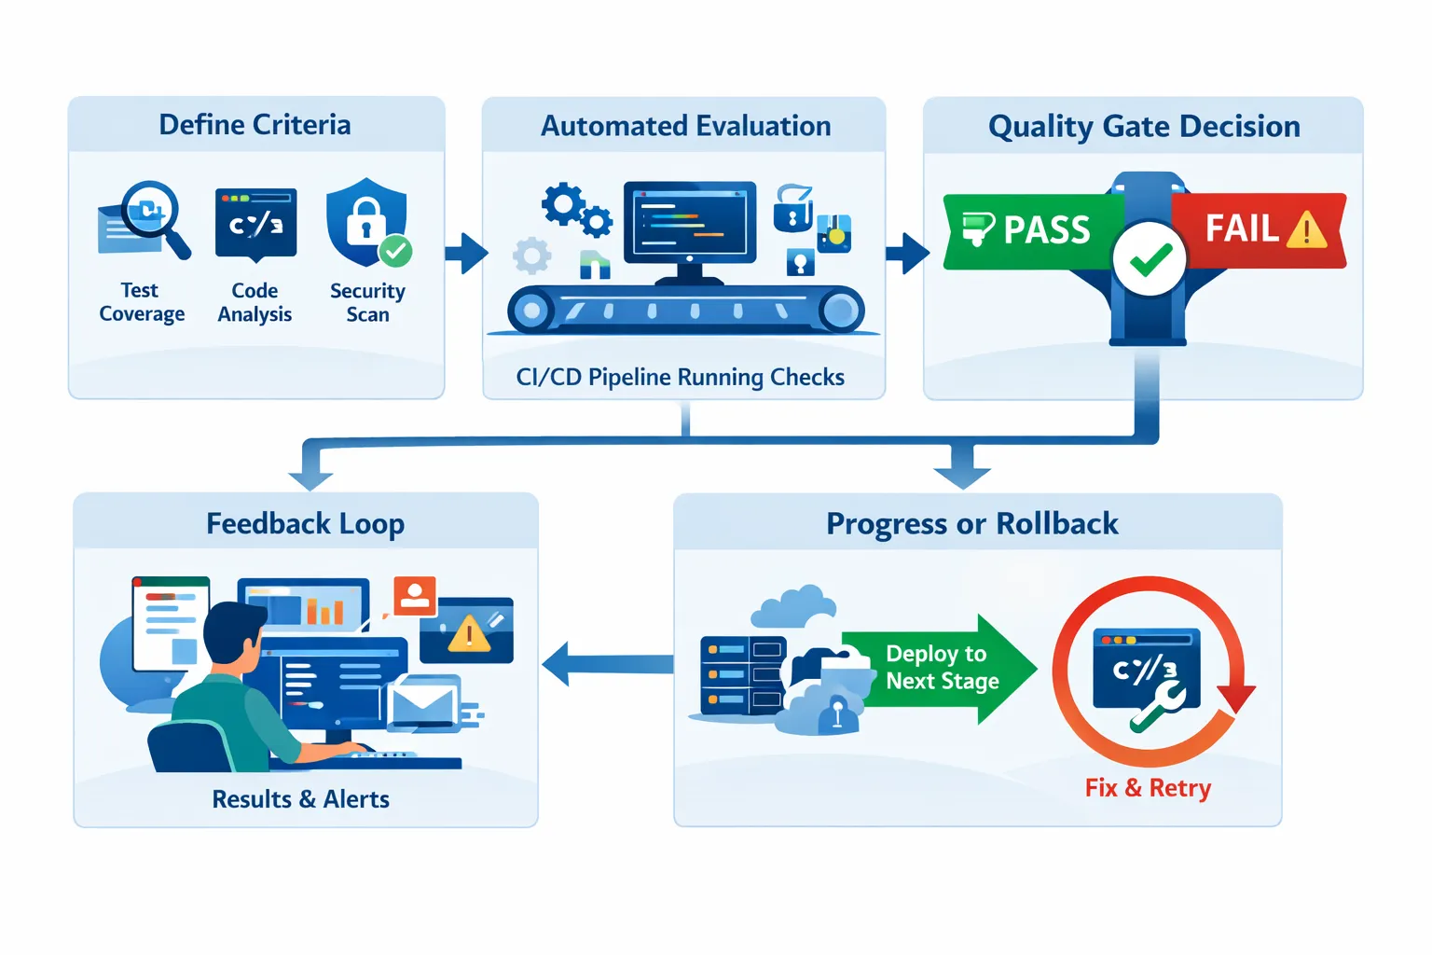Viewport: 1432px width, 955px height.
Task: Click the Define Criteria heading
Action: tap(255, 125)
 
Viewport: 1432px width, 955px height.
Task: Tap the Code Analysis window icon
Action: tap(255, 223)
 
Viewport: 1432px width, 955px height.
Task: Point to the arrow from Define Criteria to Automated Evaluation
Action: tap(466, 253)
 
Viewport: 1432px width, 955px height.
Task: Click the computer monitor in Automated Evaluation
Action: tap(689, 224)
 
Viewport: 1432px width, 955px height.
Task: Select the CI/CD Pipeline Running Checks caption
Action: tap(680, 377)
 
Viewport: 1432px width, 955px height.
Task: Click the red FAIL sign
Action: tap(1259, 229)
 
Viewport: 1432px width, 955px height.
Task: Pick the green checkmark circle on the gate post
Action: tap(1150, 259)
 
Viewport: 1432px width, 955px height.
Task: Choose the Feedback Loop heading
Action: tap(305, 524)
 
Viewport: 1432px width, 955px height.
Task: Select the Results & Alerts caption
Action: tap(300, 799)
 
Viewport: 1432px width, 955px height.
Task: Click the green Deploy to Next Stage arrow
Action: tap(942, 668)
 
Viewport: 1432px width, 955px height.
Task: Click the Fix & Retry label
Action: tap(1148, 788)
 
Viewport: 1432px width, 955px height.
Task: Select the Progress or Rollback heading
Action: tap(971, 524)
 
